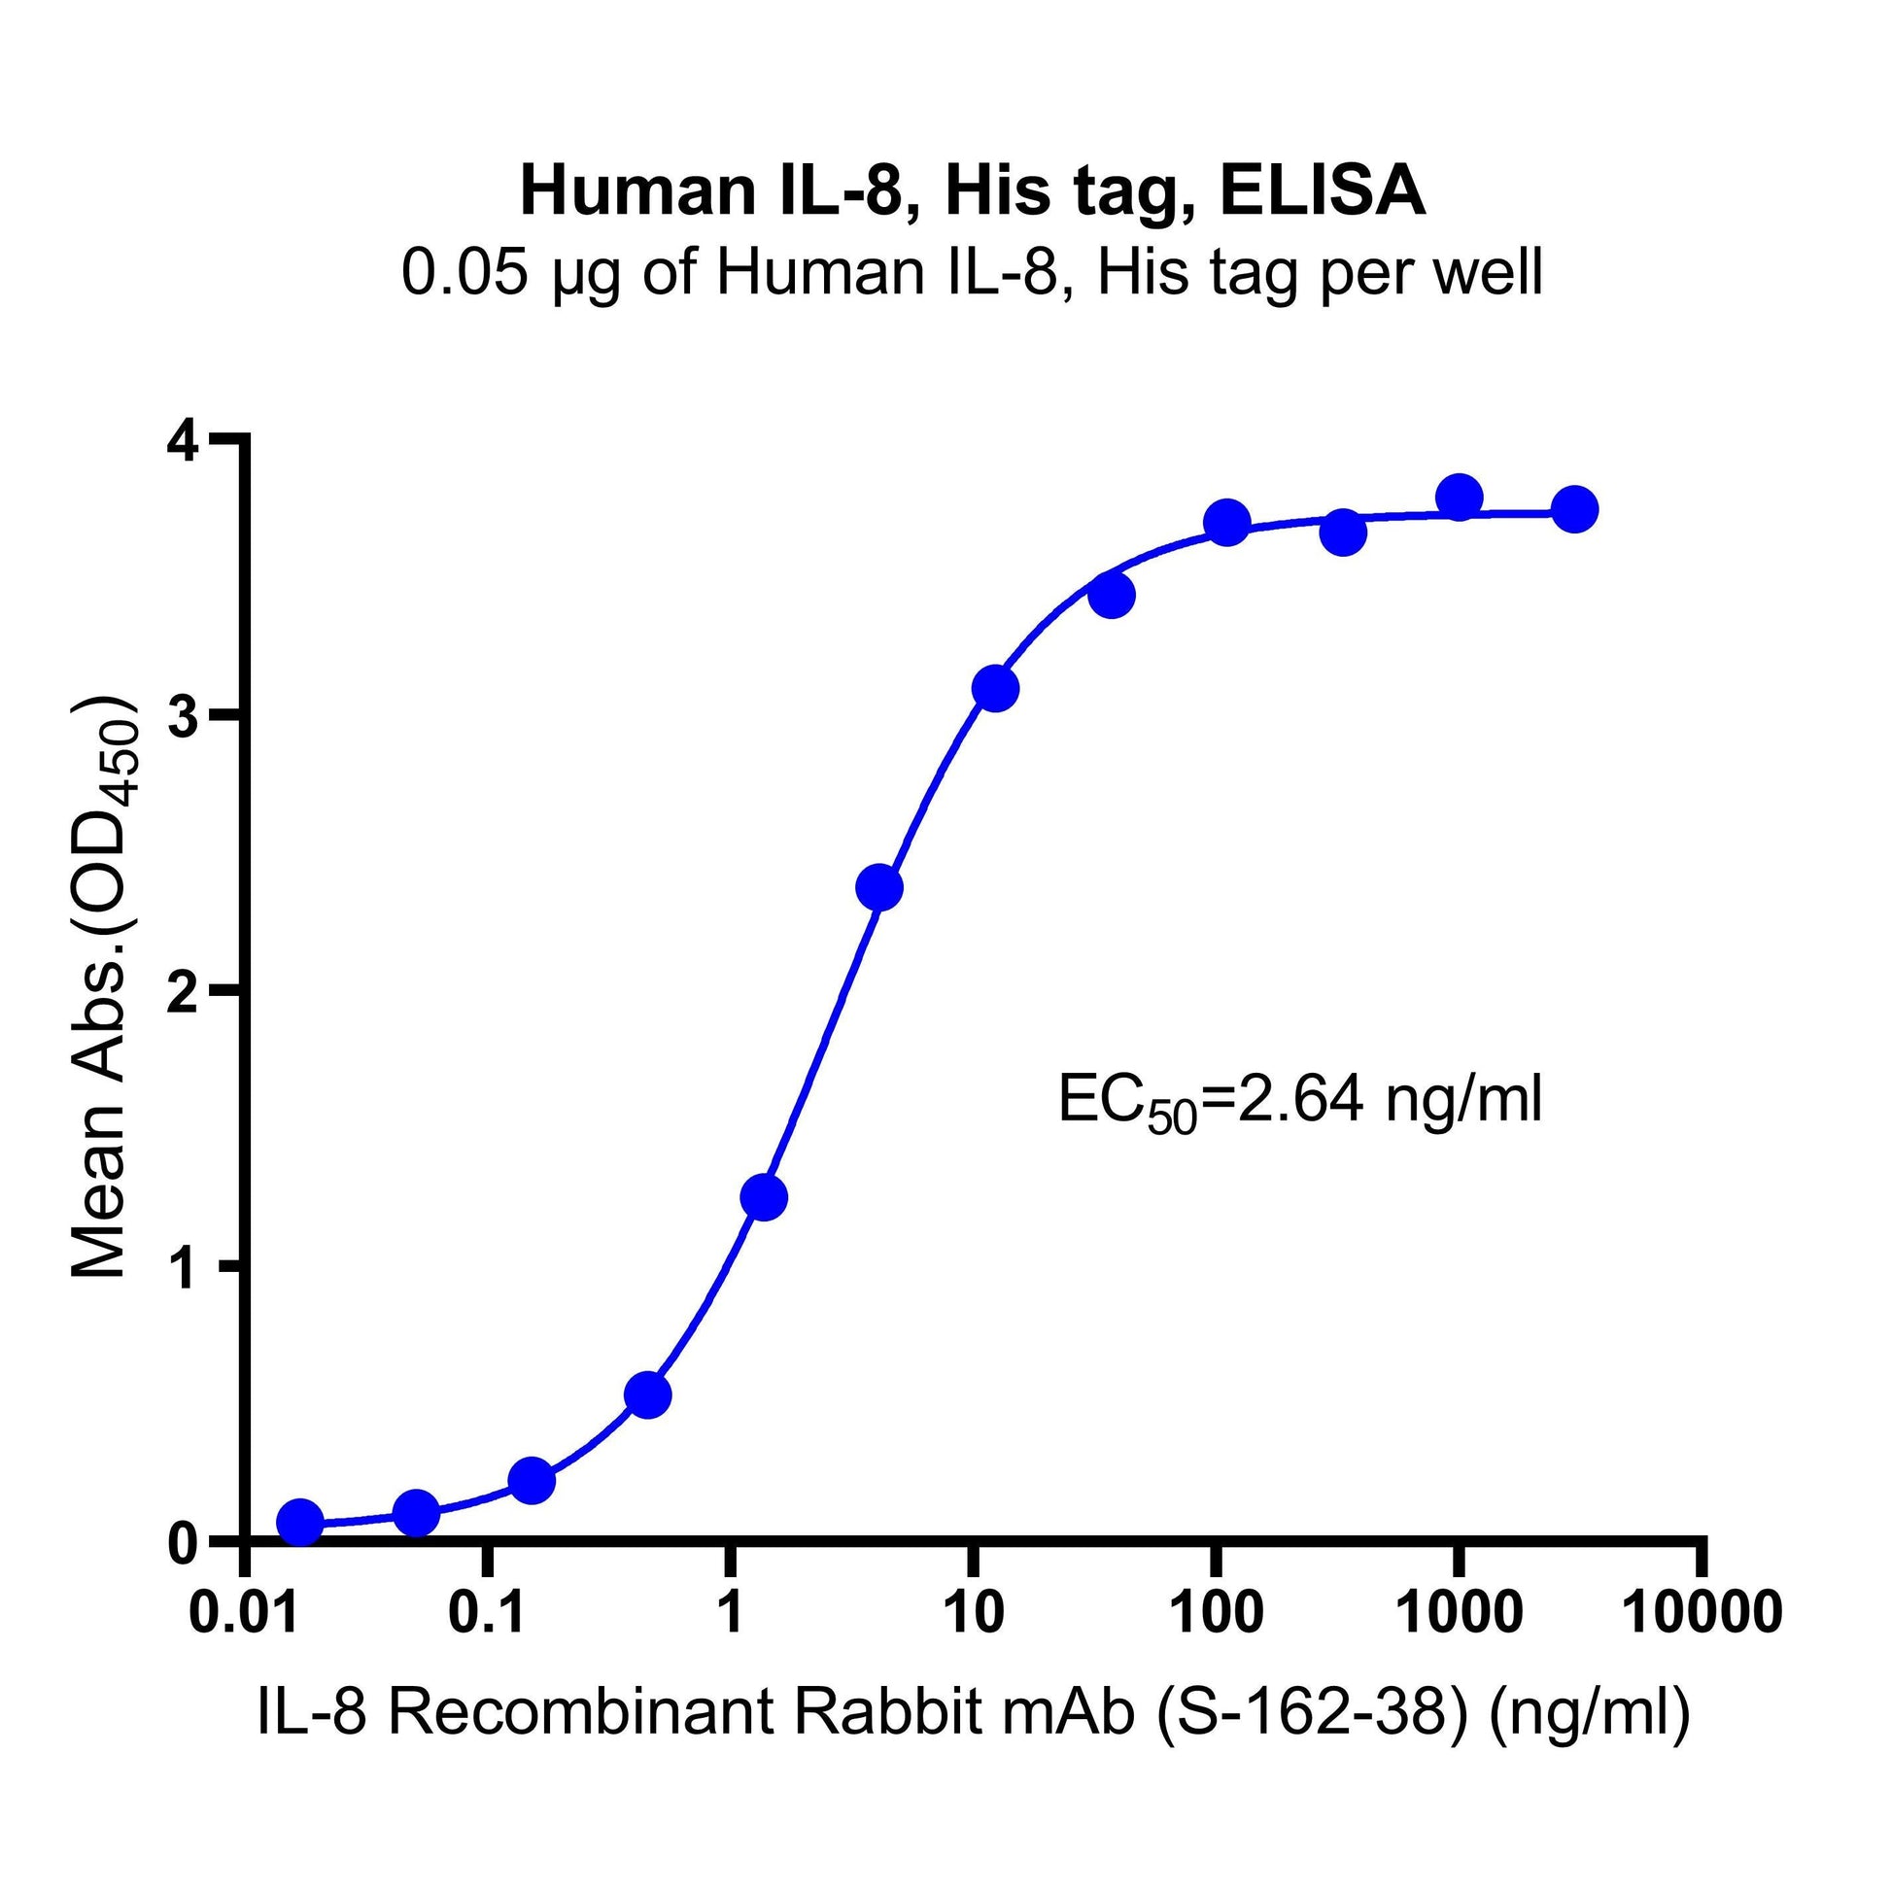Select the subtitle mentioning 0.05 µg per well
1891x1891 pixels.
(x=972, y=271)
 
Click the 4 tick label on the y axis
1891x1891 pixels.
(x=183, y=441)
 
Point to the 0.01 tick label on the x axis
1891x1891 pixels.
(x=244, y=1612)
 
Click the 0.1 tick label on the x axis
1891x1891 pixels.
(x=488, y=1612)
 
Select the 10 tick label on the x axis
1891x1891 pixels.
(x=974, y=1612)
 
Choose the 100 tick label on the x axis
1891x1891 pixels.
(x=1217, y=1612)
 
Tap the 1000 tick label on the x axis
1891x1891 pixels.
(x=1460, y=1612)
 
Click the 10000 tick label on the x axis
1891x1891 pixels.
(x=1704, y=1612)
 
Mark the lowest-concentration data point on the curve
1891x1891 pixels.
(x=300, y=1522)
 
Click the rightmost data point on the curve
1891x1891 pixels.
(x=1575, y=509)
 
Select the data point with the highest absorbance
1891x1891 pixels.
(x=1460, y=498)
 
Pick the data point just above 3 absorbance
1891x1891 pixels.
(x=995, y=689)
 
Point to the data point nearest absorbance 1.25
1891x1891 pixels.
(x=765, y=1197)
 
